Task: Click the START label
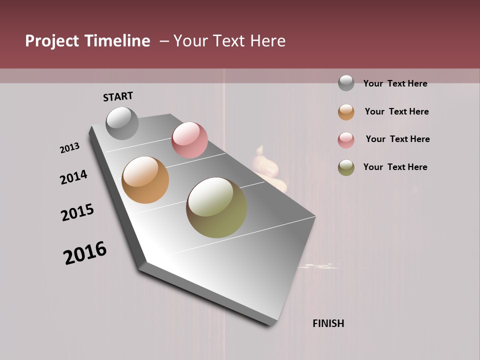coord(118,96)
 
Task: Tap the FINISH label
coord(328,323)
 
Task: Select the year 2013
coord(69,148)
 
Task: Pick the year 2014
coord(73,177)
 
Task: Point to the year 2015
coord(77,212)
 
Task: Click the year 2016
coord(85,253)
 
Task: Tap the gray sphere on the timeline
coord(122,123)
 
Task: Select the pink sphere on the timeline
coord(189,140)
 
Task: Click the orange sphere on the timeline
coord(145,180)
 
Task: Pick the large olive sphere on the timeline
coord(216,207)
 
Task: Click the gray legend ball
coord(346,83)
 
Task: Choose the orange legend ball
coord(346,112)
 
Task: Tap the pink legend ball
coord(346,140)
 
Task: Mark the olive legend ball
coord(346,167)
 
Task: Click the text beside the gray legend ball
coord(395,83)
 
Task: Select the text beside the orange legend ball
coord(396,111)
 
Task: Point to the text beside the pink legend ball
coord(397,139)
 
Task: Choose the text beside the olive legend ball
coord(395,167)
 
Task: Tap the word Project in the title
coord(51,41)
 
